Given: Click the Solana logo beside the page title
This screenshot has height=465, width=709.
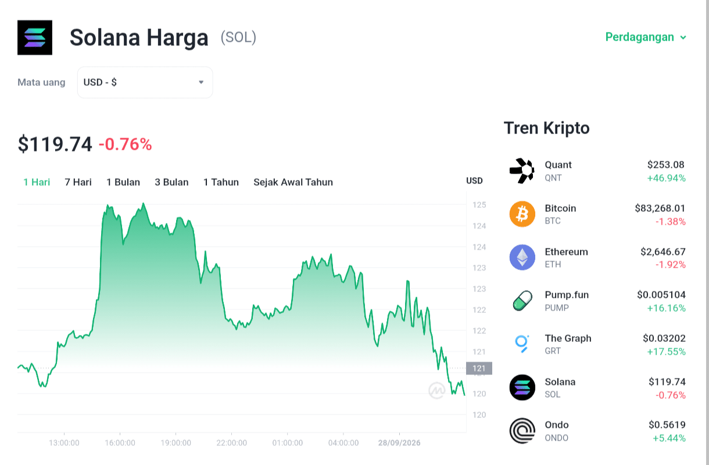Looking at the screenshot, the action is click(35, 37).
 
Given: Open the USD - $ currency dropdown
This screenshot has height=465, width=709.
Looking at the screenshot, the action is click(145, 82).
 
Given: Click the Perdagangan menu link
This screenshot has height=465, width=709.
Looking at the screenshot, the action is click(646, 37).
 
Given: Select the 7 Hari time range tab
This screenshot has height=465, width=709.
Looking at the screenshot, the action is click(78, 182).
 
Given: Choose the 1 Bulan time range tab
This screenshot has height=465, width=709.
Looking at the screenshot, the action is click(123, 182).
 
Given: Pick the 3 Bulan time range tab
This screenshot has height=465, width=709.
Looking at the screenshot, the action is click(171, 182).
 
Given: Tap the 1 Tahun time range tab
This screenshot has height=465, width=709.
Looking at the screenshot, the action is click(221, 182).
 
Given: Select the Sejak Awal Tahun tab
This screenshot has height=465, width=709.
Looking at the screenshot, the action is click(293, 182).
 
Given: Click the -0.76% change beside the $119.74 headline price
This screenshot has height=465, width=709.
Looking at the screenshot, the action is click(126, 144).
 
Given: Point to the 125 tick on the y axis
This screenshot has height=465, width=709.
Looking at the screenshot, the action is click(479, 205).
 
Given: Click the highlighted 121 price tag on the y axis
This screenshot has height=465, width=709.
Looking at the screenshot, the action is click(479, 368).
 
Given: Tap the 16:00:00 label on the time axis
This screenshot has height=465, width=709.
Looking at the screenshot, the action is click(120, 443).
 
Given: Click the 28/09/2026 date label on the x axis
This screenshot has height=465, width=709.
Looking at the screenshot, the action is click(399, 443).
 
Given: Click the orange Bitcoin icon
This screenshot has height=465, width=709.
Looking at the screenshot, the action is click(522, 214).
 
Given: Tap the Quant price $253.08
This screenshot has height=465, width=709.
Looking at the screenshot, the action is click(665, 164).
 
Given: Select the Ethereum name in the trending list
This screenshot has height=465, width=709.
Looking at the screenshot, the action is click(566, 251).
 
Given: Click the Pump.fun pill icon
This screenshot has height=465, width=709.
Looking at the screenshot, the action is click(522, 301).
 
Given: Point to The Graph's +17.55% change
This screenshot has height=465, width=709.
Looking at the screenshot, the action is click(666, 352).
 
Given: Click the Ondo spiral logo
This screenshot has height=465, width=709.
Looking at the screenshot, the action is click(522, 431).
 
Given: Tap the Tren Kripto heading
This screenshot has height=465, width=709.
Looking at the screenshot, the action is click(547, 128).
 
